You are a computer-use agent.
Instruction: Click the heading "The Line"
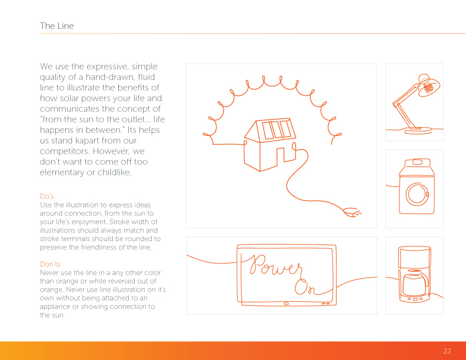[x=56, y=26]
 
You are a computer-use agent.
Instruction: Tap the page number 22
[x=447, y=351]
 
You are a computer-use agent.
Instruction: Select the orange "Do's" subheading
[x=47, y=196]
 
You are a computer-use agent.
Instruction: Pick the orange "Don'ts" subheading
[x=50, y=264]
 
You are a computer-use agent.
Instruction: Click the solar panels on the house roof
[x=277, y=129]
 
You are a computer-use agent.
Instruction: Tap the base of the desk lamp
[x=417, y=130]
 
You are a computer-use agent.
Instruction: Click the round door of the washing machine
[x=417, y=194]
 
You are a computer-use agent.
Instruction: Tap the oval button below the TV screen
[x=286, y=304]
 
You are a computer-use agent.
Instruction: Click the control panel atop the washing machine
[x=417, y=162]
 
